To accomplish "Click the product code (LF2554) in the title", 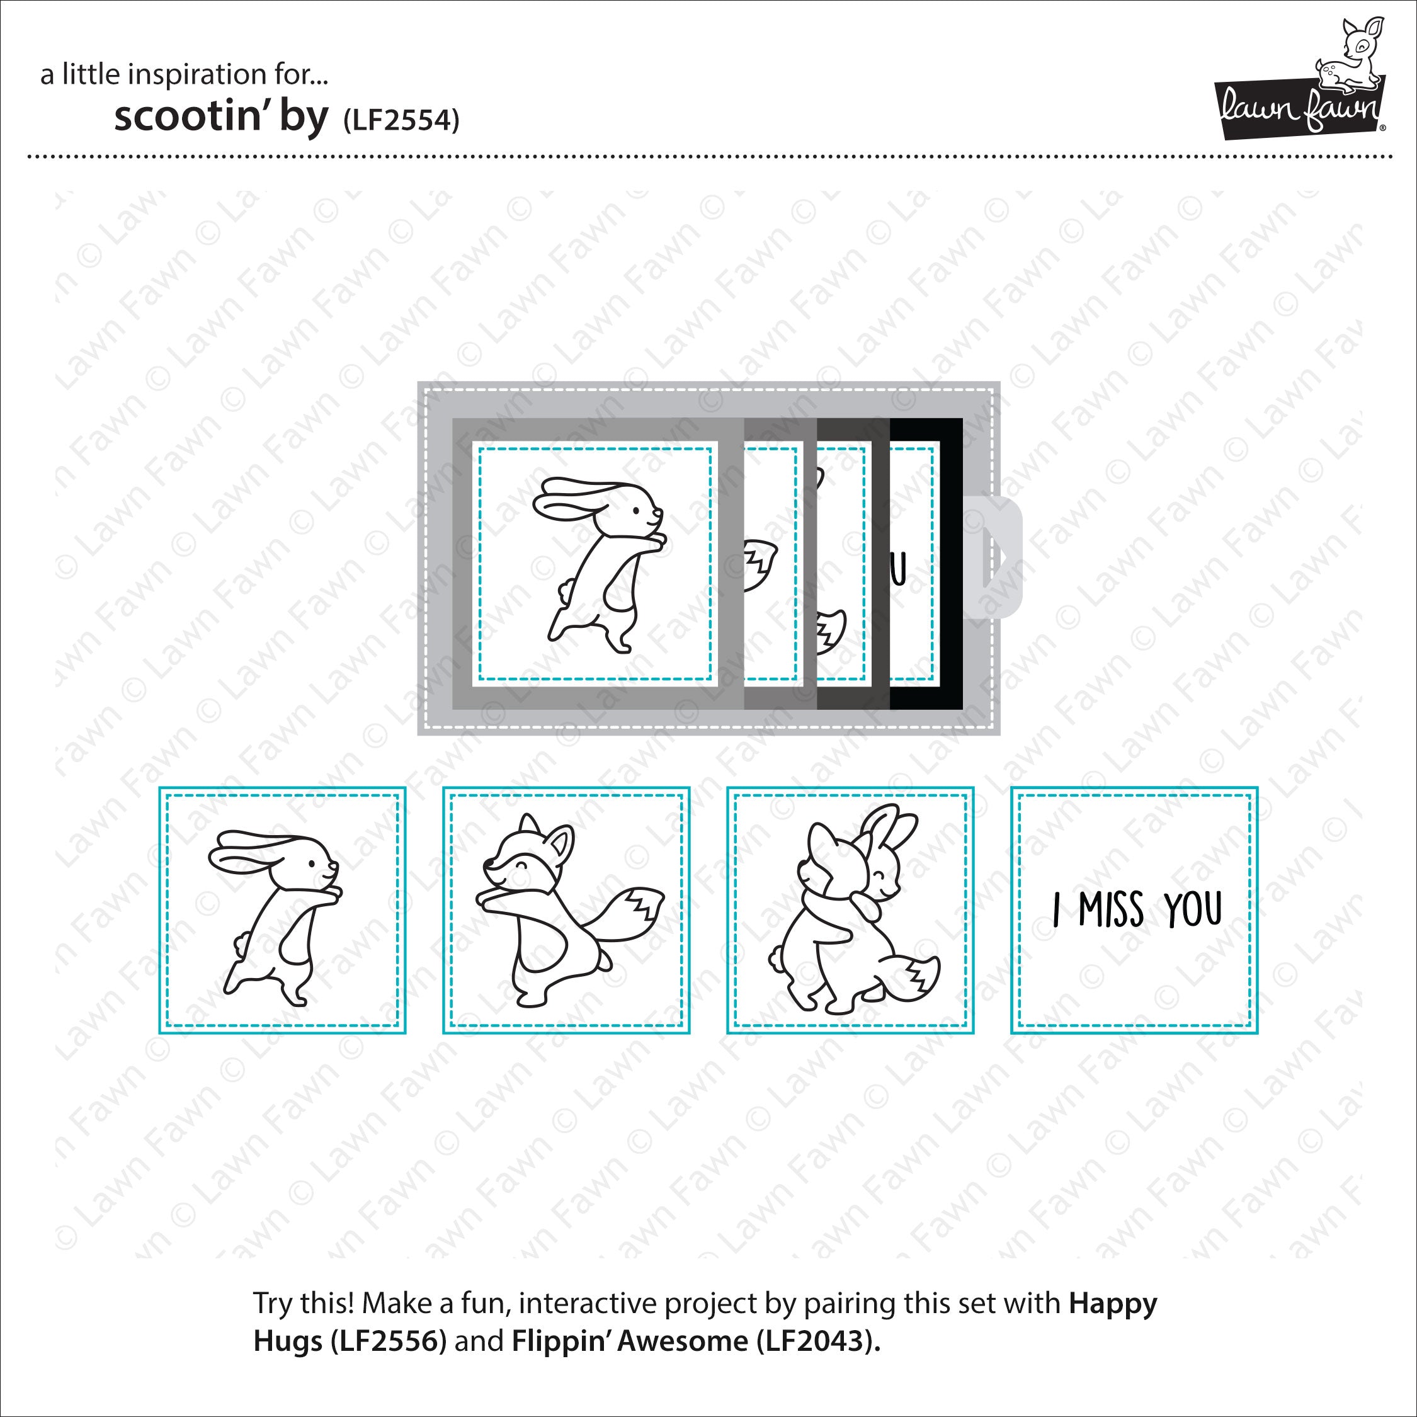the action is click(401, 120).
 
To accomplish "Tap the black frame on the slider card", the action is click(950, 564).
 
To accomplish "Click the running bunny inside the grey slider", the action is click(598, 565).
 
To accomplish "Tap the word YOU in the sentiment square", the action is click(1193, 910).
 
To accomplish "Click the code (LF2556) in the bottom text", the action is click(388, 1341).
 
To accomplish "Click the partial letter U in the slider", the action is click(899, 569).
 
